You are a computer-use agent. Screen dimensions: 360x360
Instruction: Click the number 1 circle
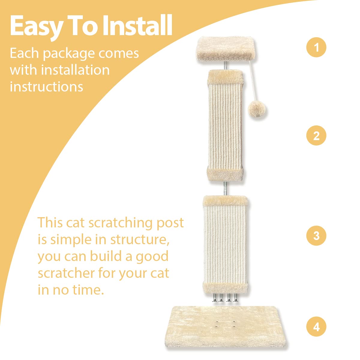(x=316, y=47)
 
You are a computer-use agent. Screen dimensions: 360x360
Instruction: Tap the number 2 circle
(x=316, y=136)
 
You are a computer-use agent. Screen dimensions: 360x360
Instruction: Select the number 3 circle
(x=316, y=235)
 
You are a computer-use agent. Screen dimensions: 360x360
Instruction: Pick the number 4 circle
(x=316, y=326)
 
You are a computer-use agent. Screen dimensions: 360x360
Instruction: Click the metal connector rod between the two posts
(x=225, y=189)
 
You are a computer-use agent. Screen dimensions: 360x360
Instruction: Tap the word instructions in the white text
(x=46, y=87)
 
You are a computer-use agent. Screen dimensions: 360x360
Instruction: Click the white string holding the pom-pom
(x=251, y=87)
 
